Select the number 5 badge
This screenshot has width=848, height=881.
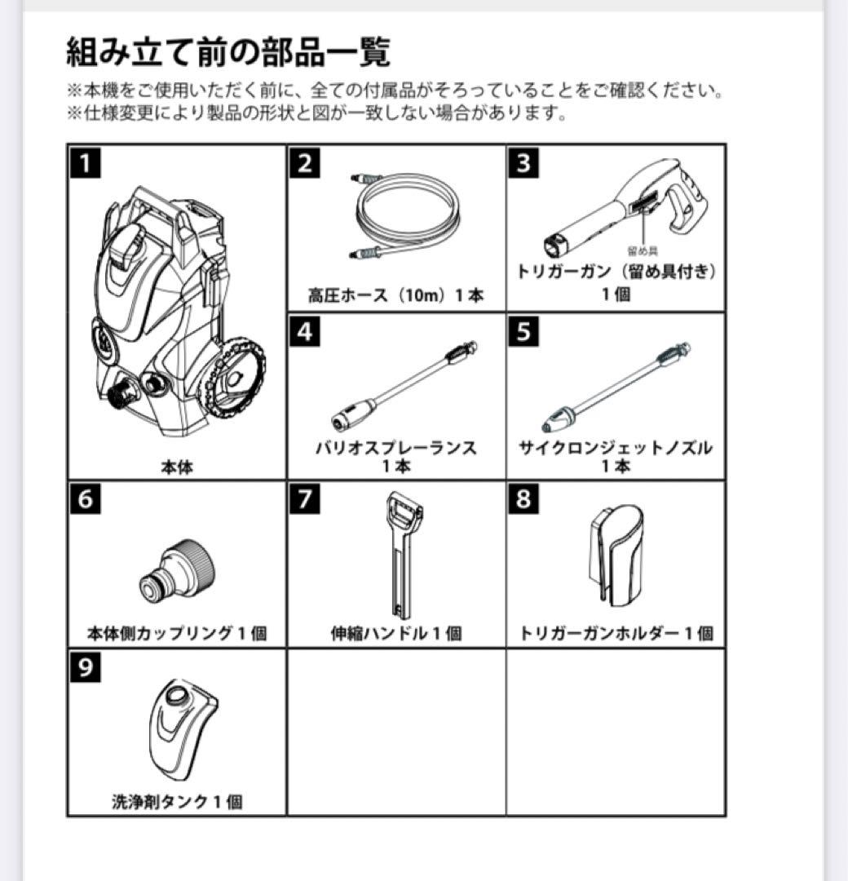pos(523,331)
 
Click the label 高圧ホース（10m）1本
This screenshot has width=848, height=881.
pos(395,295)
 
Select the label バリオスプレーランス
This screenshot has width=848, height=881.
pos(395,448)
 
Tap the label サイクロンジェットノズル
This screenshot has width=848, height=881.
pos(616,448)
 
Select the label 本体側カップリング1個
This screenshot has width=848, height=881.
pos(177,633)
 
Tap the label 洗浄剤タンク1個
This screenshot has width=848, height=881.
pos(177,802)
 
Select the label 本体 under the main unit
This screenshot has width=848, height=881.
pos(177,467)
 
